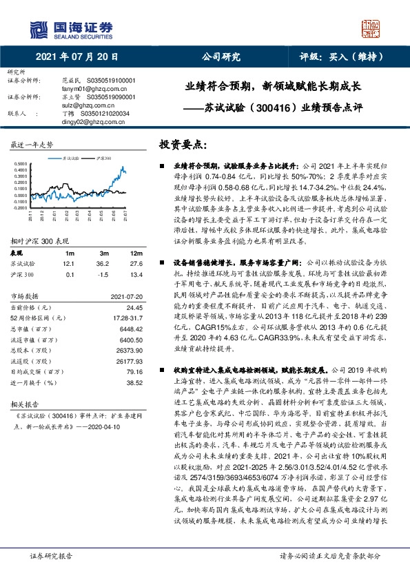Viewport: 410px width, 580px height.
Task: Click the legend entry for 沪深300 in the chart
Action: [x=91, y=158]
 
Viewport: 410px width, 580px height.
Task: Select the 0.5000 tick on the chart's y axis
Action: [x=19, y=164]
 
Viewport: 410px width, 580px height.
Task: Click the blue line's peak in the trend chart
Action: [x=121, y=166]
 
